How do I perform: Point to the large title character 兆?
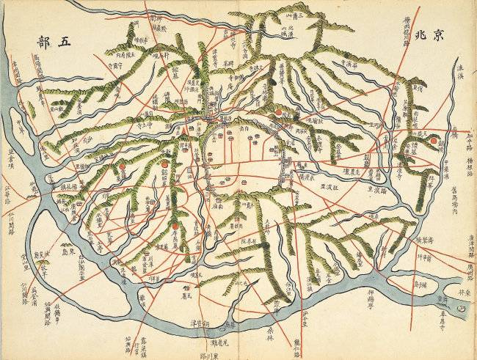(420, 34)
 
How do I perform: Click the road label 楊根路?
(464, 172)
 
